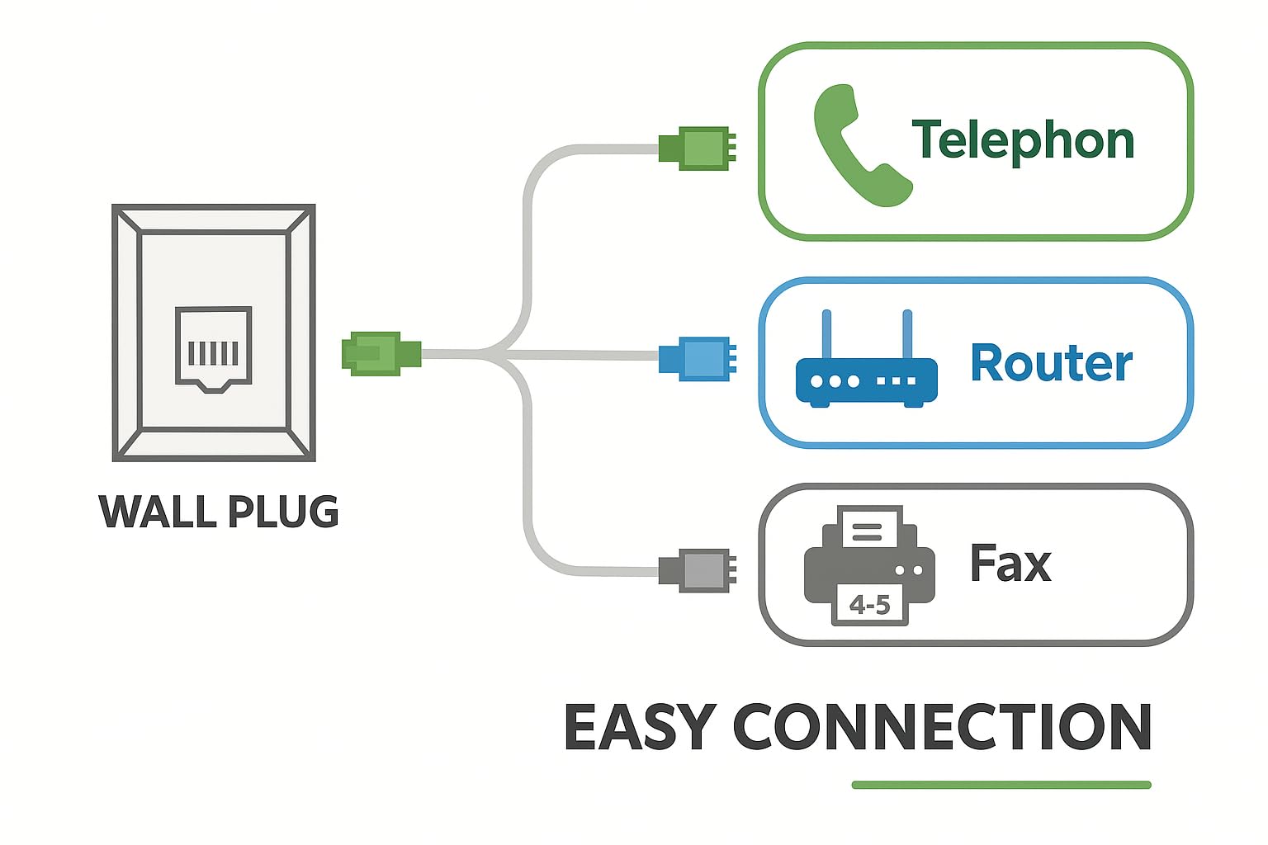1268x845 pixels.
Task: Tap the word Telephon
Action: pyautogui.click(x=1023, y=141)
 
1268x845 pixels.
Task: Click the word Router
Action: pyautogui.click(x=1051, y=364)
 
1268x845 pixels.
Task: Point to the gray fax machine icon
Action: pyautogui.click(x=868, y=566)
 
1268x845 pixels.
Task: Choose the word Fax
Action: pyautogui.click(x=1010, y=564)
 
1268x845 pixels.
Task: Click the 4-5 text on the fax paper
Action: pyautogui.click(x=869, y=606)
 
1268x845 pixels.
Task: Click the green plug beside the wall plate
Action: pyautogui.click(x=380, y=353)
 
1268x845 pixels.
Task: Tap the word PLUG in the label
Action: pyautogui.click(x=283, y=512)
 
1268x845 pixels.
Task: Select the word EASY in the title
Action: pyautogui.click(x=638, y=727)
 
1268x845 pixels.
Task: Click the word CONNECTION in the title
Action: pyautogui.click(x=942, y=727)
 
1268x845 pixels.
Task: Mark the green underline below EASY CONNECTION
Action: pyautogui.click(x=1001, y=785)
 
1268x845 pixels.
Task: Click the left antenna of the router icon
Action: pyautogui.click(x=826, y=334)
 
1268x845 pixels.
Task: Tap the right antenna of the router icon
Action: pyautogui.click(x=907, y=334)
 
